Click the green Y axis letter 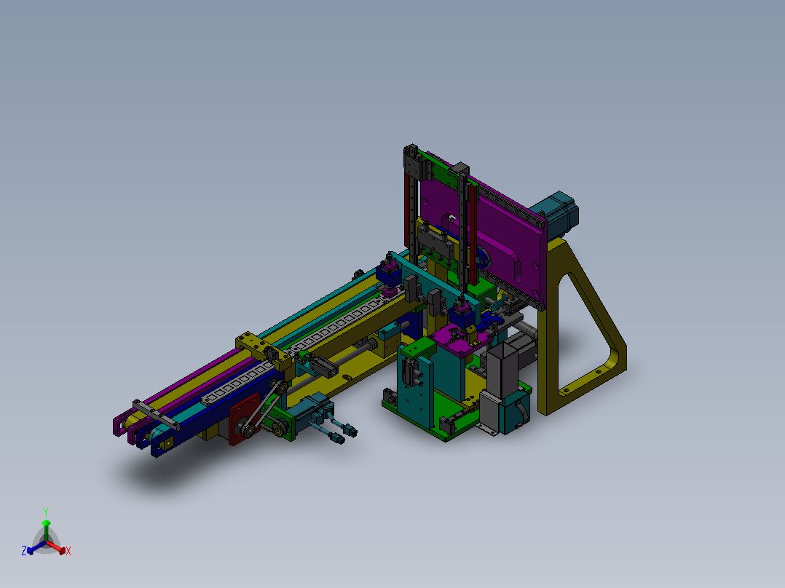pyautogui.click(x=46, y=512)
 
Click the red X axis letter pyautogui.click(x=68, y=551)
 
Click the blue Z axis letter pyautogui.click(x=24, y=551)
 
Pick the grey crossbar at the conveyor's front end pyautogui.click(x=156, y=415)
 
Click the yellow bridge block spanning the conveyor pyautogui.click(x=264, y=350)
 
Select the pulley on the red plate pyautogui.click(x=249, y=430)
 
